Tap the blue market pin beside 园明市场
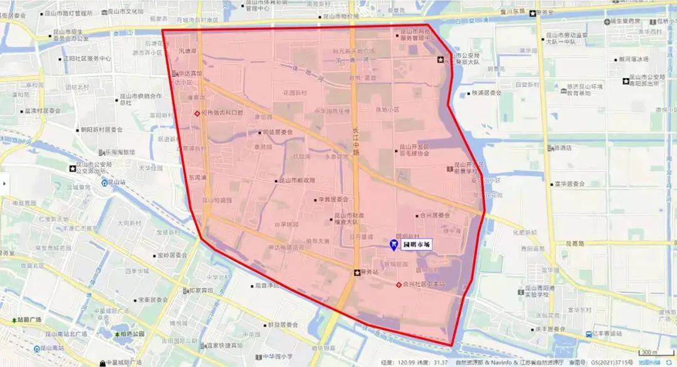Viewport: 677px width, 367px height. (394, 244)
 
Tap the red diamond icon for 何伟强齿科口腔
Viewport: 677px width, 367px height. (196, 113)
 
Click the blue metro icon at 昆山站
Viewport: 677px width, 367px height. (104, 184)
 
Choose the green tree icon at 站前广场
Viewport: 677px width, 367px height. (13, 320)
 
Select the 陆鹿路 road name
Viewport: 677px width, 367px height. (575, 244)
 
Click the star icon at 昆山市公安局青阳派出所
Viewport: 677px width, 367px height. (624, 81)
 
